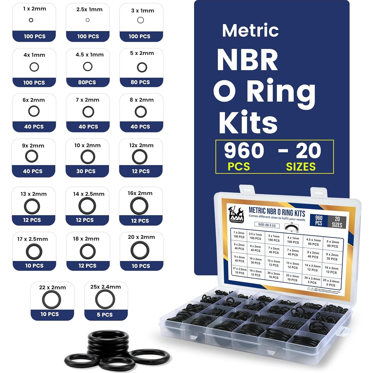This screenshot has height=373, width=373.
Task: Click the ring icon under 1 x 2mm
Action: pyautogui.click(x=31, y=20)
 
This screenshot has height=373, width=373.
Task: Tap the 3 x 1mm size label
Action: pyautogui.click(x=143, y=11)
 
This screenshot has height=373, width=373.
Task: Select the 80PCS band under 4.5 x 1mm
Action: pyautogui.click(x=87, y=82)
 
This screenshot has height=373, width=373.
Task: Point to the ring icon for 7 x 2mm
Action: pyautogui.click(x=88, y=112)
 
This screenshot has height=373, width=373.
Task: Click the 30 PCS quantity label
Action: pyautogui.click(x=86, y=171)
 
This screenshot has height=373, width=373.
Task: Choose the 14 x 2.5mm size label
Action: pyautogui.click(x=89, y=194)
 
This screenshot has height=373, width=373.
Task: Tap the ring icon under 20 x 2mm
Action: pyautogui.click(x=140, y=250)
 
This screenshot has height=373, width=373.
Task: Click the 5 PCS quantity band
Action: pyautogui.click(x=105, y=315)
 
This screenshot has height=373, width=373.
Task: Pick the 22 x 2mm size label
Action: pyautogui.click(x=52, y=287)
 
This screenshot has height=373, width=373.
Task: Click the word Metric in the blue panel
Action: pyautogui.click(x=250, y=30)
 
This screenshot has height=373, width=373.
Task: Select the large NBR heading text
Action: pyautogui.click(x=247, y=60)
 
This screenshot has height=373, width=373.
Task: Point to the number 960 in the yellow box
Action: pyautogui.click(x=244, y=150)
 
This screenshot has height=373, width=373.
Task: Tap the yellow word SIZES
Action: pyautogui.click(x=301, y=167)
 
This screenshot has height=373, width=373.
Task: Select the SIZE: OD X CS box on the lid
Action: pyautogui.click(x=267, y=225)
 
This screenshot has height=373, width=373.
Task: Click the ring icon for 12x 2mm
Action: pyautogui.click(x=139, y=157)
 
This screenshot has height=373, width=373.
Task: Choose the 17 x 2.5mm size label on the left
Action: pyautogui.click(x=32, y=239)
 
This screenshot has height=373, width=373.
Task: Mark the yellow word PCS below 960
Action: pyautogui.click(x=239, y=167)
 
